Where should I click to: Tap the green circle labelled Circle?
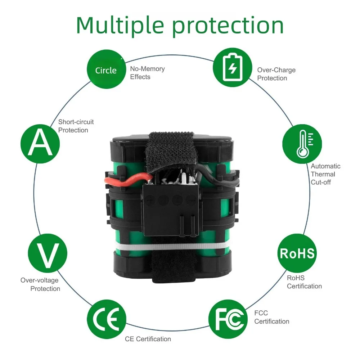coord(106,69)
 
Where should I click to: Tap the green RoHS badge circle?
coord(297,253)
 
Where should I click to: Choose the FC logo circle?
coord(228,319)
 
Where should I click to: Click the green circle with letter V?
coord(48,253)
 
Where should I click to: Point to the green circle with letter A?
coord(40,144)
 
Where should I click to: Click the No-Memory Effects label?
coord(147,73)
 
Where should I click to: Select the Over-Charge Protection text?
coord(276,74)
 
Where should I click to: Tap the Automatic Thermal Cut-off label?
coord(325,174)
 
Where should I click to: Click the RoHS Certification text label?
coord(304,282)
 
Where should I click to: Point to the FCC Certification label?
coord(271,317)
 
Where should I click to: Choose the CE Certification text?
coord(148,339)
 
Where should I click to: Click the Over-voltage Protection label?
coord(40,284)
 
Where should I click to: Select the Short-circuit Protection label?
coord(76,126)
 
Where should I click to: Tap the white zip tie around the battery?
coord(172,247)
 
